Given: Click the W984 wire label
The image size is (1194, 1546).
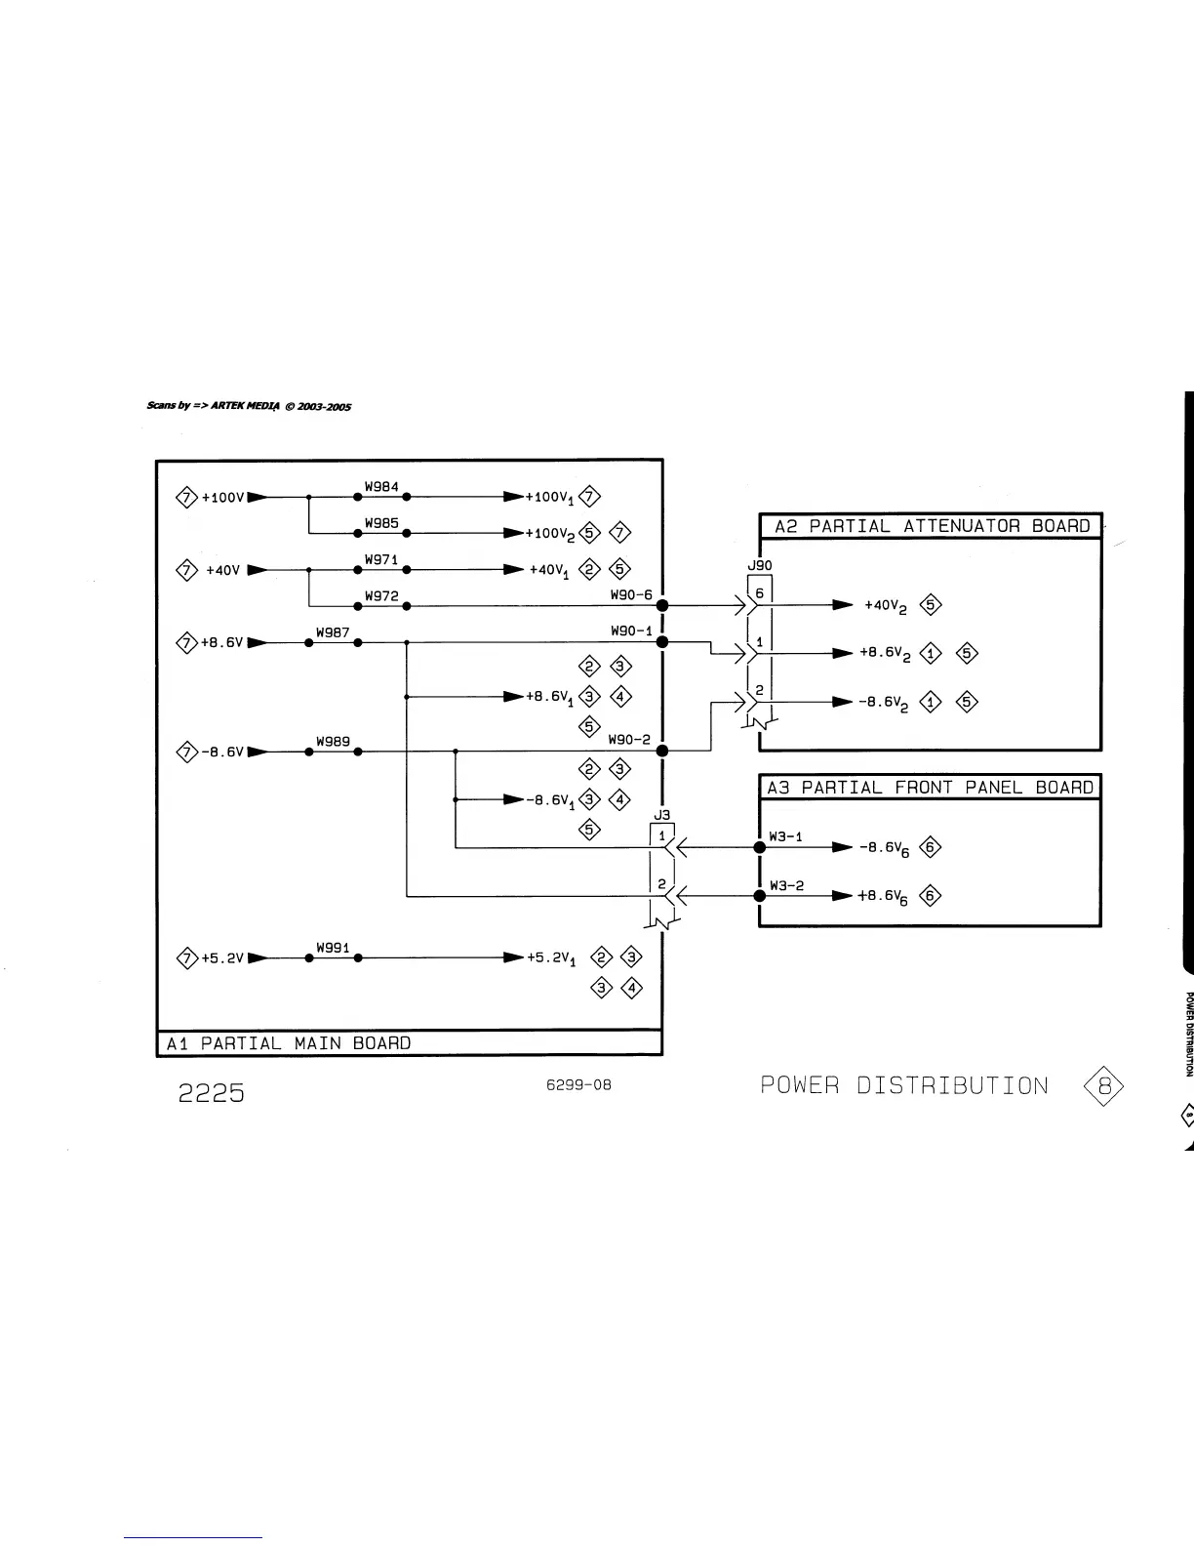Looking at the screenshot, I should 381,486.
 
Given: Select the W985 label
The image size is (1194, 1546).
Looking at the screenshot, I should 381,523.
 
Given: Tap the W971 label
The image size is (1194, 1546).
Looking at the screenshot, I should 381,559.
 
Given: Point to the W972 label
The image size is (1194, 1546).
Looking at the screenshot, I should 381,595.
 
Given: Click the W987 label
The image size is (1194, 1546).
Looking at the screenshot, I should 333,632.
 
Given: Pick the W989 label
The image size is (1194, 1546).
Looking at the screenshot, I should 333,742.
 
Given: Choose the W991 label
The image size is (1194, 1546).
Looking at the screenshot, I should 333,948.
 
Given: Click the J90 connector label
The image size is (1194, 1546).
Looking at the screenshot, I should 759,565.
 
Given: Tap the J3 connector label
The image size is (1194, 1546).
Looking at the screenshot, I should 661,815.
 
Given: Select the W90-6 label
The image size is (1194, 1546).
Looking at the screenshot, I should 631,594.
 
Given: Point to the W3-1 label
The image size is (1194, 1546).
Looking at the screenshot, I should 786,836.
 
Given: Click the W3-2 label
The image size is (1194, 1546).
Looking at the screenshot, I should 786,885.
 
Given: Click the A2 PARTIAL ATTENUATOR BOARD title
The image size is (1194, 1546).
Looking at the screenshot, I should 932,526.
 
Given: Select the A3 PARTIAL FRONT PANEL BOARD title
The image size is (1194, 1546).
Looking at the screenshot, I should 930,788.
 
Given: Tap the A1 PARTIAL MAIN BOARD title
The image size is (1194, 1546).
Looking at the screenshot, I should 289,1043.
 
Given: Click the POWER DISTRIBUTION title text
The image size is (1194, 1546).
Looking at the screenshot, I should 904,1086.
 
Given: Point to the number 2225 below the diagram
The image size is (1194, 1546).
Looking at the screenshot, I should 211,1092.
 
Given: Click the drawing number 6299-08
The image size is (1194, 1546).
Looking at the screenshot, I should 579,1085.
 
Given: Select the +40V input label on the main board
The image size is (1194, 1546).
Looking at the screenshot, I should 222,570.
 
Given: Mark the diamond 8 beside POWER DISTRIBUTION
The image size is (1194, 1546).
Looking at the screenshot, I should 1104,1085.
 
